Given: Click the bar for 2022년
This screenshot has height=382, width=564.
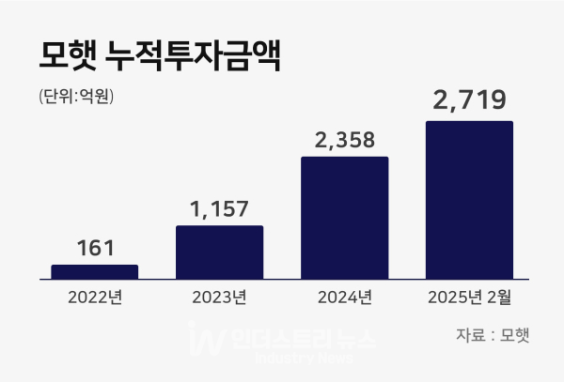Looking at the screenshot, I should click(x=94, y=272).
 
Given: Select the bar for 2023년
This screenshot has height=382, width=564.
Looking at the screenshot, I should click(x=219, y=252).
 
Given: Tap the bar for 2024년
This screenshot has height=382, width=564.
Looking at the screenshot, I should click(x=344, y=218).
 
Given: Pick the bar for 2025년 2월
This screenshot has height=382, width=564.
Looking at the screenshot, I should click(x=469, y=200).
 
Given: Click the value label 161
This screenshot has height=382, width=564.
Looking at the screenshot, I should click(x=94, y=248).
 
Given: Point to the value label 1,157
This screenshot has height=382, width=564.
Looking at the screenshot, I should click(x=219, y=208).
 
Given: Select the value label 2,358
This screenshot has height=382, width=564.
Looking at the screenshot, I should click(x=344, y=141).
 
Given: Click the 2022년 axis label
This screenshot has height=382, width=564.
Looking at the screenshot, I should click(x=94, y=299).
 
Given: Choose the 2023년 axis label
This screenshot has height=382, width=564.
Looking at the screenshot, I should click(x=219, y=299).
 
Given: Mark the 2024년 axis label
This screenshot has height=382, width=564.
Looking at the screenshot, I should click(x=344, y=299).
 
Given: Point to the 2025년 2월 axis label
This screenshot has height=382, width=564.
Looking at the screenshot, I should click(x=469, y=299).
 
